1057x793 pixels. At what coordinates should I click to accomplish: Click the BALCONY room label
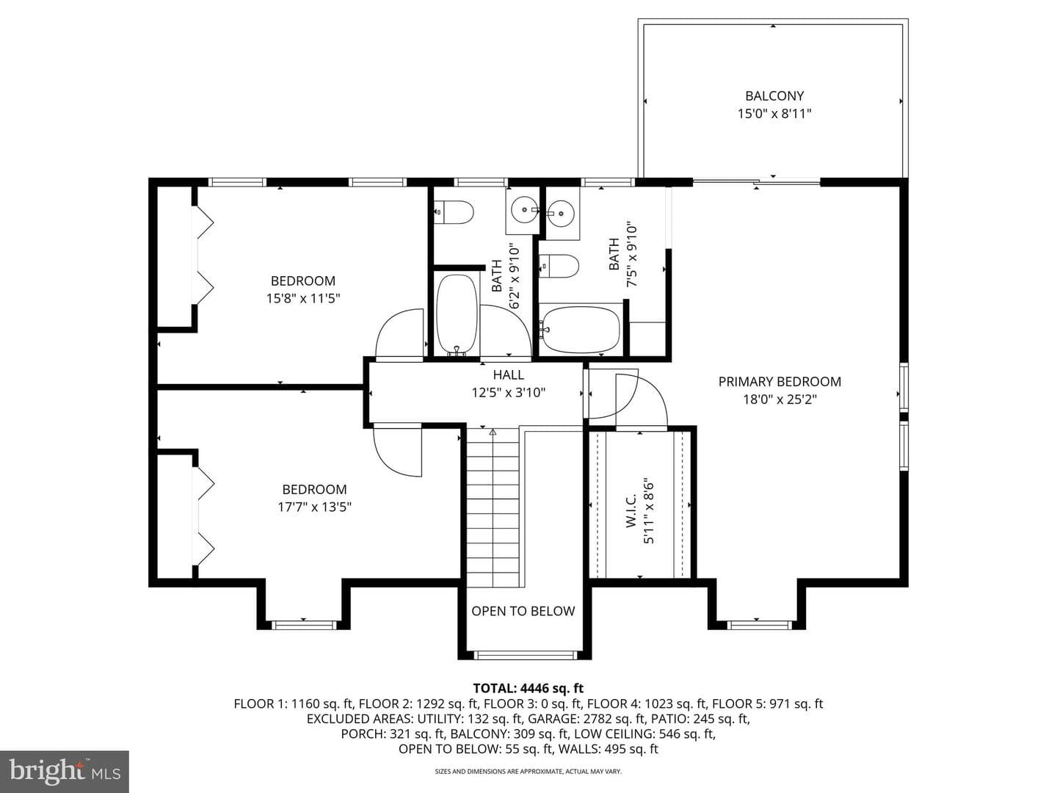(x=774, y=95)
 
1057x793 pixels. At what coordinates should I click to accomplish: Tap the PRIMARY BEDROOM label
(x=780, y=381)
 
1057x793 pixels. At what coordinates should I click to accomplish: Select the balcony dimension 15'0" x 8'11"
(x=774, y=114)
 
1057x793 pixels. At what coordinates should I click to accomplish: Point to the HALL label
(x=508, y=374)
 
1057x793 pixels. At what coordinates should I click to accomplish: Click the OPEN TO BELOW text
(x=523, y=611)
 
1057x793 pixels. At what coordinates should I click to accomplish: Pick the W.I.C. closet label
(x=631, y=511)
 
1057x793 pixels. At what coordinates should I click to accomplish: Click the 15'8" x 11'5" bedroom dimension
(x=303, y=299)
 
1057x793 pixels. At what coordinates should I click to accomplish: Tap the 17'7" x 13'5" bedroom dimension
(x=314, y=507)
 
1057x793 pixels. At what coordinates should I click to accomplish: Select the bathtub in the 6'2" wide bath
(x=457, y=315)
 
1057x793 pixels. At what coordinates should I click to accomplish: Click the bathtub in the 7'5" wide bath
(x=581, y=330)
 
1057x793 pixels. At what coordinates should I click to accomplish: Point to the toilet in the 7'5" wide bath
(x=559, y=267)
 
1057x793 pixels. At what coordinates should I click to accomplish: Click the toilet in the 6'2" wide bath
(x=454, y=212)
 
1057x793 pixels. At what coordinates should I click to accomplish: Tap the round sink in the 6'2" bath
(x=523, y=211)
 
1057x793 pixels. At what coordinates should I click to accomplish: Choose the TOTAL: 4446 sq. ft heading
(x=528, y=687)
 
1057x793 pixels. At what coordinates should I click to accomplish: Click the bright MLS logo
(x=65, y=771)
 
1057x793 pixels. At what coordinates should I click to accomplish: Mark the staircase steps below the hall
(x=493, y=507)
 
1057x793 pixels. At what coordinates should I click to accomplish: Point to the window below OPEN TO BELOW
(x=524, y=655)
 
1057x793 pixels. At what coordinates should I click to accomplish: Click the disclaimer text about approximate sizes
(x=528, y=771)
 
